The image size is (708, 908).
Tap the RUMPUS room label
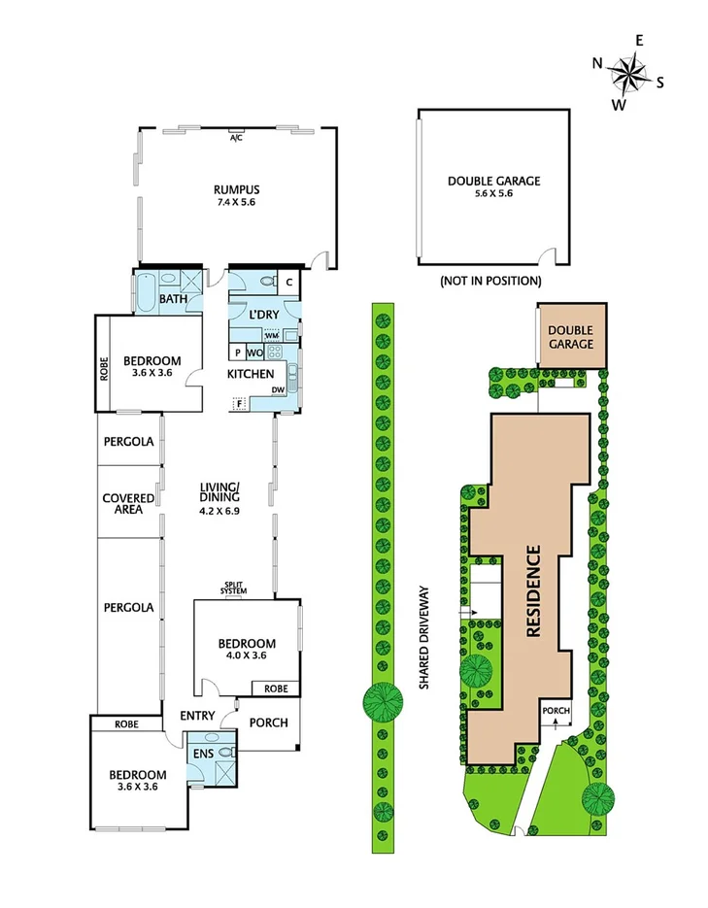click(x=235, y=189)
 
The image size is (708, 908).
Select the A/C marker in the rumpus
click(x=235, y=139)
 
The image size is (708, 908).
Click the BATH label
click(x=173, y=299)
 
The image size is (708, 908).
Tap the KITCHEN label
click(x=250, y=374)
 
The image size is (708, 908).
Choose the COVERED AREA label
click(x=128, y=504)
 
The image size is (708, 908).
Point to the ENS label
click(x=203, y=753)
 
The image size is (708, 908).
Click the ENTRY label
click(x=196, y=716)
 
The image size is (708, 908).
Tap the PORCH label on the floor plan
click(x=268, y=723)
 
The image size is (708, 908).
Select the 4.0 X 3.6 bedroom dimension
click(x=246, y=656)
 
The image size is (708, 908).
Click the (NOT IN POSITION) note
click(x=489, y=281)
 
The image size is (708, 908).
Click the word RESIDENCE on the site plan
click(x=532, y=591)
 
